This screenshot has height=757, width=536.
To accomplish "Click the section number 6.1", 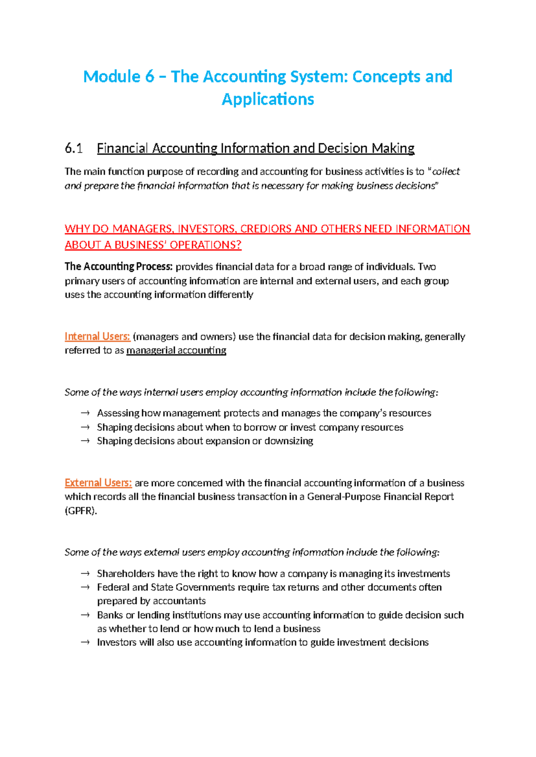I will coord(74,148).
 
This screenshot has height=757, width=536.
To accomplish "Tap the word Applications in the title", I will coord(268,99).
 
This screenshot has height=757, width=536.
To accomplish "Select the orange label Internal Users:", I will coord(97,337).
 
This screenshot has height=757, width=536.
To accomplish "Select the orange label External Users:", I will coord(98,483).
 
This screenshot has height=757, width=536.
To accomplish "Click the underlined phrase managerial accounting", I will coord(176,350).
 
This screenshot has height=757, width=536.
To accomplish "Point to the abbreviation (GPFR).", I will coord(81,511).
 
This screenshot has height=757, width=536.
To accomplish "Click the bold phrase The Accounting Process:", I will coord(118,267).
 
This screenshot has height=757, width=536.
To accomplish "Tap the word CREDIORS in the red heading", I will coord(266,229).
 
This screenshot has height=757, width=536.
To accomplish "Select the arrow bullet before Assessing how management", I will coord(85,413).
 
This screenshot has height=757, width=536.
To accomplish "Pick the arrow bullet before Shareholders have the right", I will coord(85,574).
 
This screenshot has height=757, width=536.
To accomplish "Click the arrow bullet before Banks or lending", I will coord(85,615).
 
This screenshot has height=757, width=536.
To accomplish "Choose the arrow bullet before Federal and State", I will coord(85,587).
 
